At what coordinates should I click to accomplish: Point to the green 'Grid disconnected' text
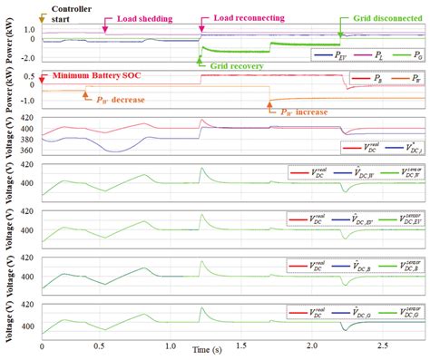pos(381,17)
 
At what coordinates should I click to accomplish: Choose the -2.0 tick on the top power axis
pos(28,57)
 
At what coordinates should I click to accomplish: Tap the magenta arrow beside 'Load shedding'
pos(106,27)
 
